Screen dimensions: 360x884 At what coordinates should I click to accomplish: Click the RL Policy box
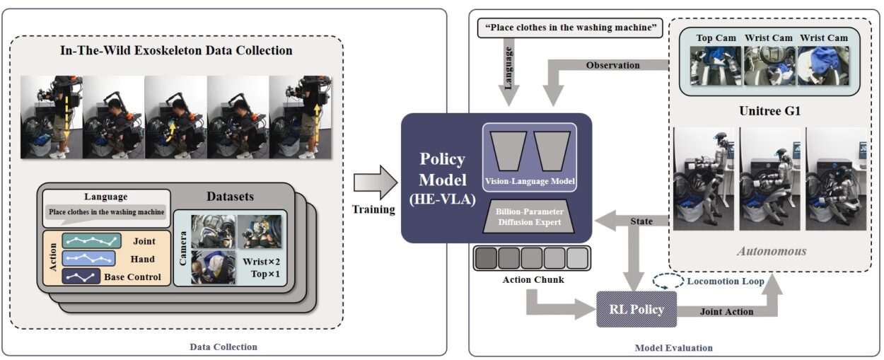tap(636, 309)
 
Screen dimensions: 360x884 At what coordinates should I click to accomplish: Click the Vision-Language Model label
tap(530, 181)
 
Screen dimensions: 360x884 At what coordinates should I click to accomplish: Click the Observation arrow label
tap(612, 65)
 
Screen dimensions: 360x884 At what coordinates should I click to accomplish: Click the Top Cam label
tap(715, 37)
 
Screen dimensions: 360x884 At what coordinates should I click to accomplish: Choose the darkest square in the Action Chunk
tap(485, 257)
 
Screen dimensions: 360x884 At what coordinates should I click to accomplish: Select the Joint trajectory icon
tap(93, 241)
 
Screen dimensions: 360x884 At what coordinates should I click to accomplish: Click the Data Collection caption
tap(223, 347)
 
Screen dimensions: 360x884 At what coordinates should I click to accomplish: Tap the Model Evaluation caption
tap(673, 347)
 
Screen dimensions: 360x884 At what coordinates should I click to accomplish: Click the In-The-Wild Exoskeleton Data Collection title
tap(177, 50)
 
